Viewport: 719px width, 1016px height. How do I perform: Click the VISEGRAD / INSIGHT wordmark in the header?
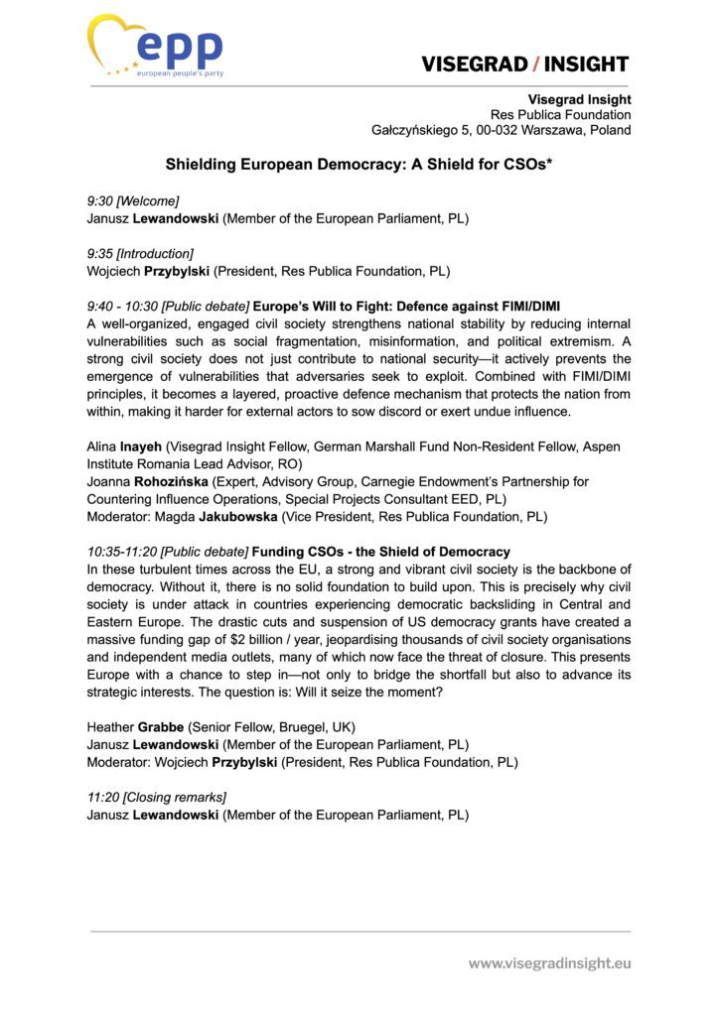(x=524, y=64)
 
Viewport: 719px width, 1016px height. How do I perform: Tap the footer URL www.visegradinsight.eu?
(x=549, y=962)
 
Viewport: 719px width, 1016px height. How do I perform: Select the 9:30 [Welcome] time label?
(x=133, y=200)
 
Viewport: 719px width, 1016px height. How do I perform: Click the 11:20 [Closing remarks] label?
(x=156, y=797)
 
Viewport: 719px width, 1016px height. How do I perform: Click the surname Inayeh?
(x=140, y=447)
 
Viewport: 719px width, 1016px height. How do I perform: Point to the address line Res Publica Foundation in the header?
(x=567, y=115)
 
